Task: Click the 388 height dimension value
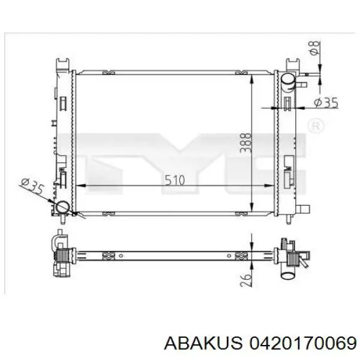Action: click(245, 143)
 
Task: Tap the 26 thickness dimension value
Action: click(245, 280)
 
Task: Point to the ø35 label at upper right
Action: click(326, 103)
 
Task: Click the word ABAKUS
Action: click(203, 344)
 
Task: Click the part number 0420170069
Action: click(303, 344)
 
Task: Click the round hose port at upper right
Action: click(289, 81)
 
